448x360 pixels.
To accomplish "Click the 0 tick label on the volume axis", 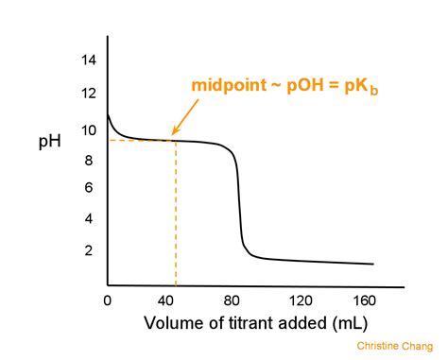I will tap(107, 300).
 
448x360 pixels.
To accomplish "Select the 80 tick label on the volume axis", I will tap(237, 300).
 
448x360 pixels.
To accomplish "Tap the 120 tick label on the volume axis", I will tap(302, 300).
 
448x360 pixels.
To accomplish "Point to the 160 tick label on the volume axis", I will tap(366, 300).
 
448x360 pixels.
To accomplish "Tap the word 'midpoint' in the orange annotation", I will tap(228, 86).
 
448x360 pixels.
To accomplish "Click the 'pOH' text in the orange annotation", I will tap(306, 86).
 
